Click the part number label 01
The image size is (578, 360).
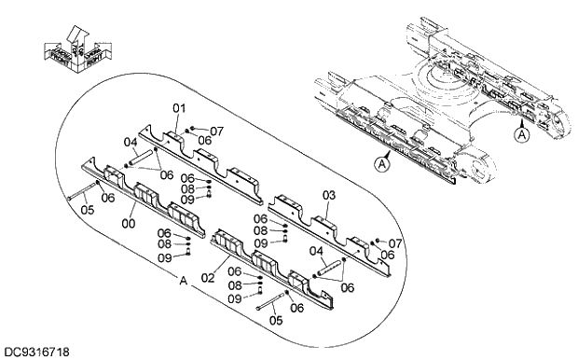(x=179, y=109)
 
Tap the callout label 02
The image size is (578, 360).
(x=207, y=279)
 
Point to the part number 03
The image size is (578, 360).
(x=327, y=194)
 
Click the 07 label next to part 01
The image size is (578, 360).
(x=216, y=131)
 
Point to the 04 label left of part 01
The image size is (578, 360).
(x=131, y=143)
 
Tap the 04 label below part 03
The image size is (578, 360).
(x=315, y=251)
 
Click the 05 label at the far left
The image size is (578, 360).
(x=87, y=210)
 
